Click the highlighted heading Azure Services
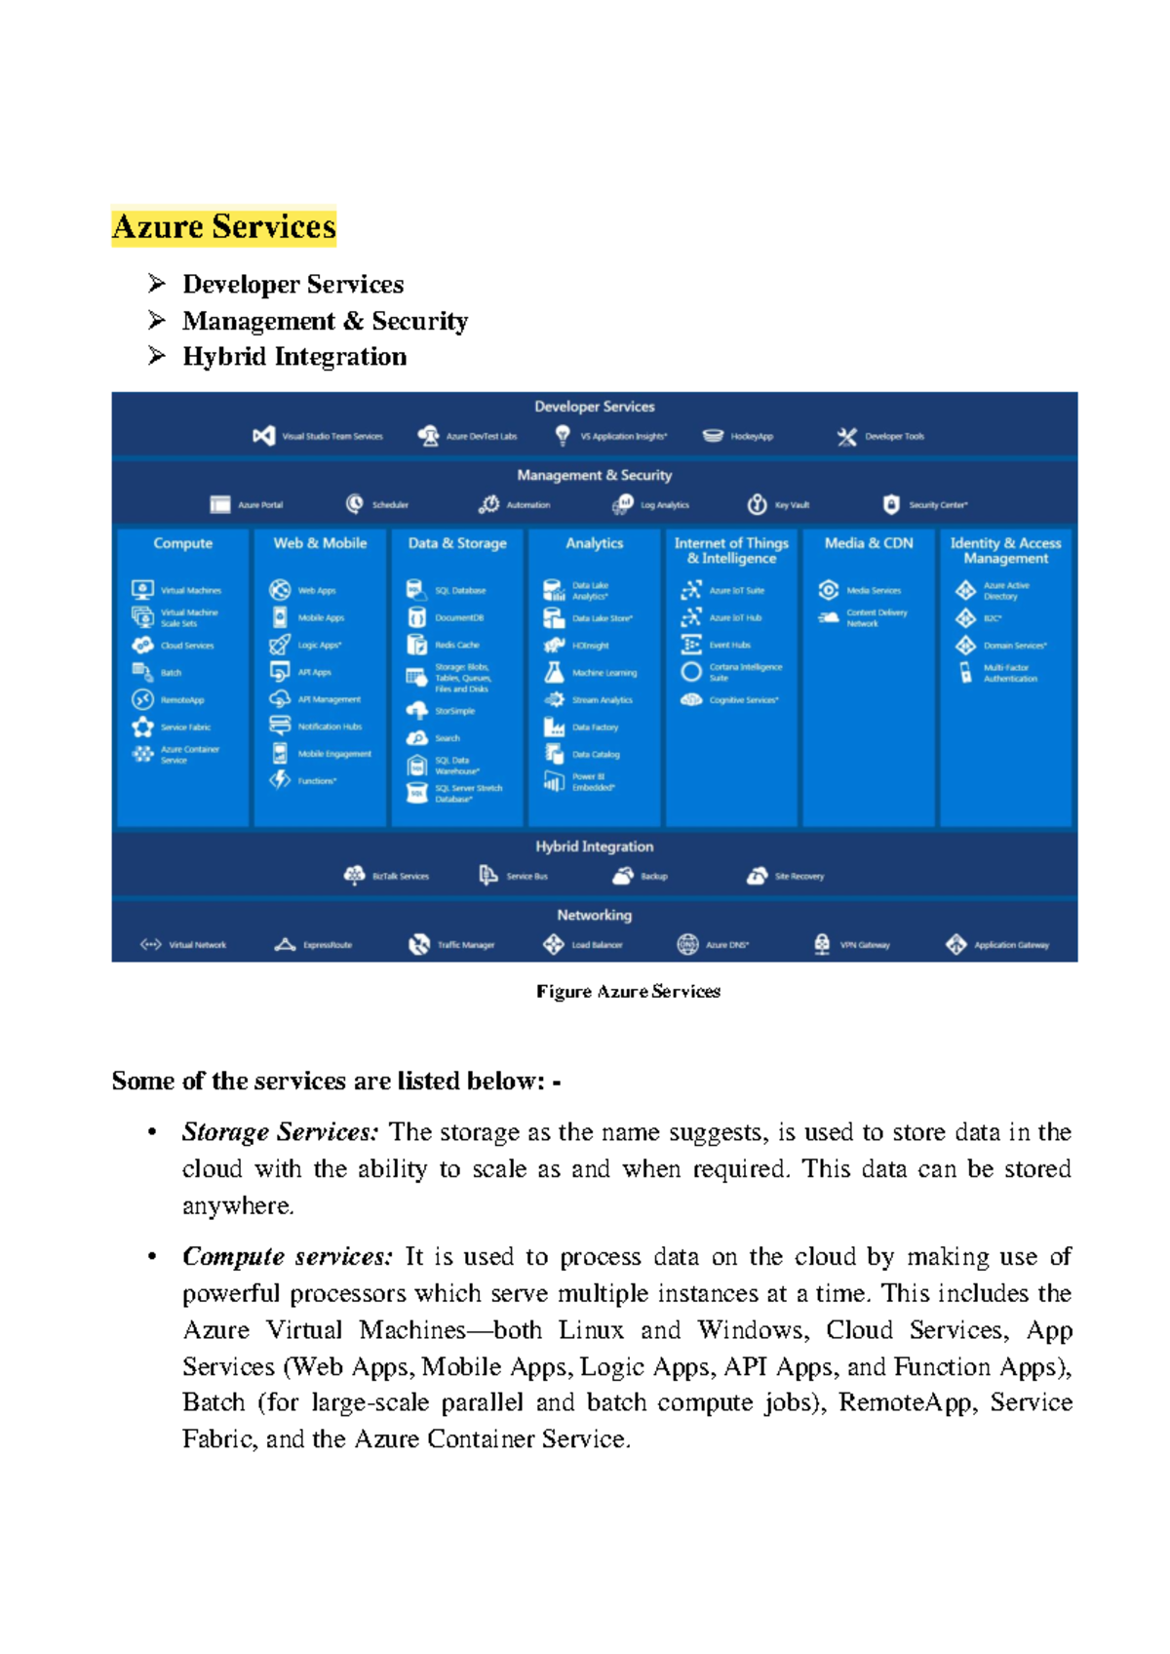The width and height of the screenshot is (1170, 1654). pyautogui.click(x=223, y=226)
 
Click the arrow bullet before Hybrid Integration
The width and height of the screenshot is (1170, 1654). pyautogui.click(x=157, y=356)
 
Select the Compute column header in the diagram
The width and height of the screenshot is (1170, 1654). pyautogui.click(x=182, y=543)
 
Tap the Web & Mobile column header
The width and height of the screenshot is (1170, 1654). pyautogui.click(x=320, y=543)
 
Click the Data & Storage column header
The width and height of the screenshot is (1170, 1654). pyautogui.click(x=457, y=543)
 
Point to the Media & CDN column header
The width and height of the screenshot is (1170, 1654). pyautogui.click(x=869, y=543)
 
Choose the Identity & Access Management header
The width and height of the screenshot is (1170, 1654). pyautogui.click(x=1005, y=551)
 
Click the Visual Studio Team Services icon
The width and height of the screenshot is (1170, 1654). pyautogui.click(x=263, y=436)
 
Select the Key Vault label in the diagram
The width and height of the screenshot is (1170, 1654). pyautogui.click(x=792, y=505)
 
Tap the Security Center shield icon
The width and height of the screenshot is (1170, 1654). pyautogui.click(x=891, y=504)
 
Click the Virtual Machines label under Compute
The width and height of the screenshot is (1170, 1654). pyautogui.click(x=191, y=591)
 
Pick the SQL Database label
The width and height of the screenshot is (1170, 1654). pyautogui.click(x=460, y=591)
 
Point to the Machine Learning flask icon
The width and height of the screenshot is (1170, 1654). pyautogui.click(x=554, y=673)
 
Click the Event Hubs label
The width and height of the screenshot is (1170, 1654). pyautogui.click(x=730, y=646)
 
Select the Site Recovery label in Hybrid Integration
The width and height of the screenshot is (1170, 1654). pyautogui.click(x=799, y=877)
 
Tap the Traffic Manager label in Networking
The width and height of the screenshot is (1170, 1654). pyautogui.click(x=465, y=945)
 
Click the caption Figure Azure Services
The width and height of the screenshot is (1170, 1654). pyautogui.click(x=628, y=992)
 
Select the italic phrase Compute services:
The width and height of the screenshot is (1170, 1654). pyautogui.click(x=288, y=1257)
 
